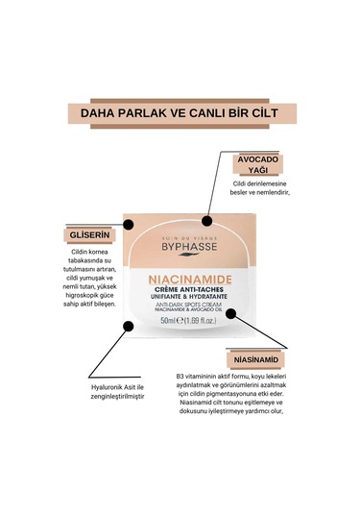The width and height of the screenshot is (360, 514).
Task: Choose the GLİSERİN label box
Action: (84, 236)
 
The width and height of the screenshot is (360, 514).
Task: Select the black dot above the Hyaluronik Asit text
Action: (126, 326)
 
